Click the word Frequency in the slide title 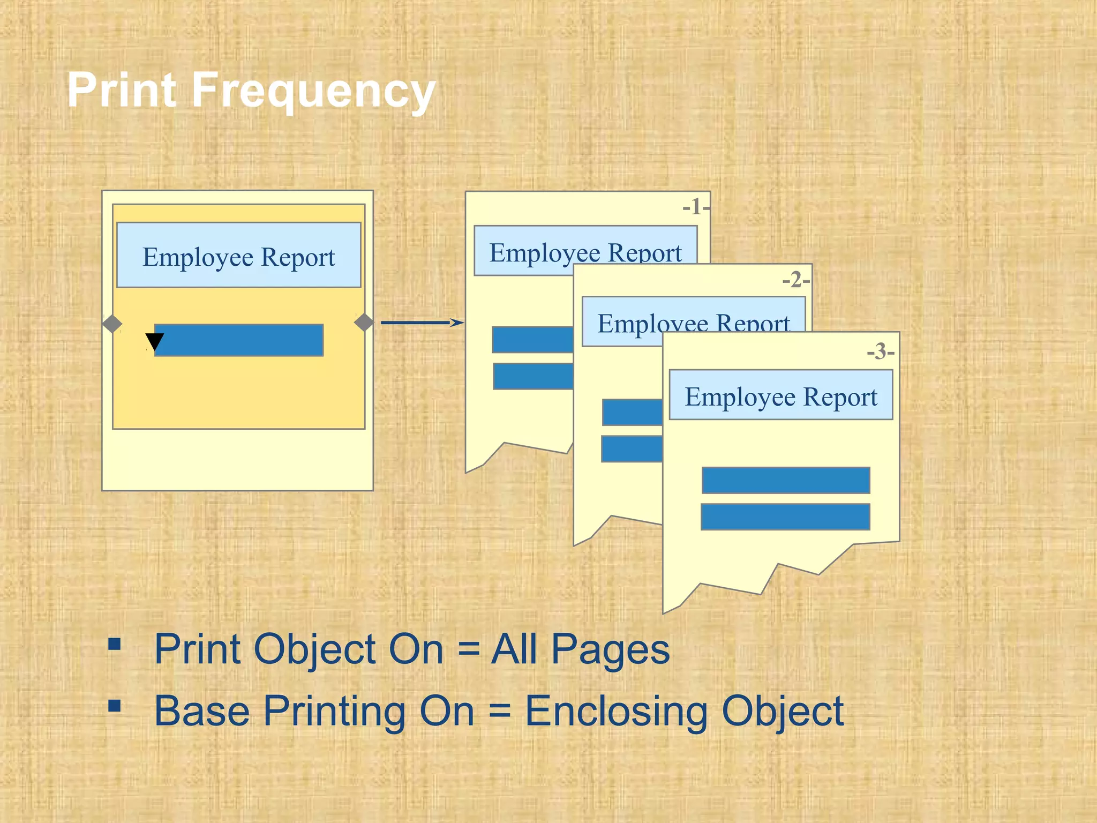[313, 91]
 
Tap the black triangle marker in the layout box [155, 341]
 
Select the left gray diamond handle [112, 324]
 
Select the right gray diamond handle [364, 323]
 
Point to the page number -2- [795, 280]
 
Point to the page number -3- [880, 352]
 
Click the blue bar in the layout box [239, 340]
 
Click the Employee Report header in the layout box [239, 256]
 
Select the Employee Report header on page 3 [781, 396]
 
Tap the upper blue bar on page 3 [785, 480]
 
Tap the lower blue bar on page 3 [785, 517]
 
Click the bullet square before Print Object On [114, 643]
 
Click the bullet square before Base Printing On [114, 705]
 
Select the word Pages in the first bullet [610, 650]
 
